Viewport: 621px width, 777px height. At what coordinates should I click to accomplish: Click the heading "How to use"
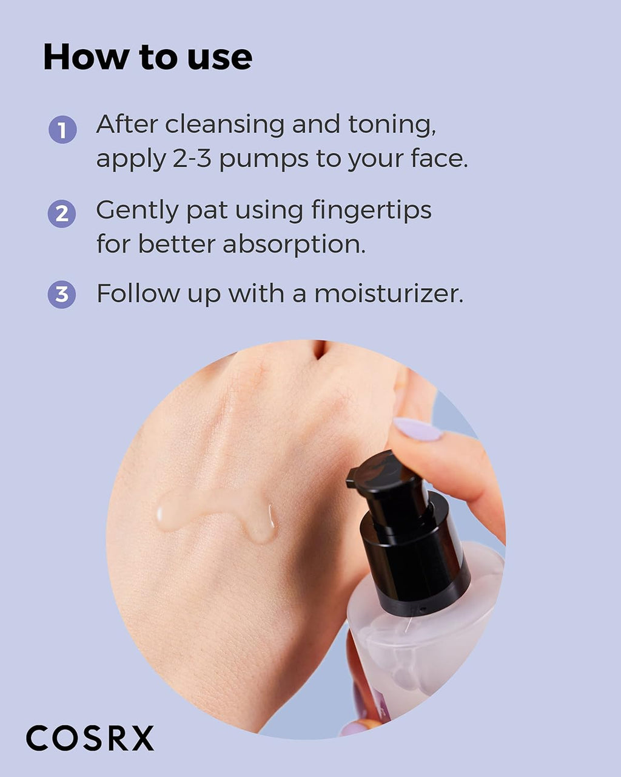(147, 57)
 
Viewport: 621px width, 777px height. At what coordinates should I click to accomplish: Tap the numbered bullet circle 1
(62, 130)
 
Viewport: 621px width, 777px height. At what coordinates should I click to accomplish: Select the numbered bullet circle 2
(62, 214)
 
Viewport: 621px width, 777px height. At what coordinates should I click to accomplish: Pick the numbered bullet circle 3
(62, 294)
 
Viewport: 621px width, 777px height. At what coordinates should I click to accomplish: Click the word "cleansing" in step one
(224, 125)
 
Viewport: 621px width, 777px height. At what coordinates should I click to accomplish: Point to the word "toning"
(391, 125)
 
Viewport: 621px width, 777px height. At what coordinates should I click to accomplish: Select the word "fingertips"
(371, 211)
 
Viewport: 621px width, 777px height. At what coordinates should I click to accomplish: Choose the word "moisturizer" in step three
(388, 294)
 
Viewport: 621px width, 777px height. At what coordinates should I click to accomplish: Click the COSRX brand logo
(90, 738)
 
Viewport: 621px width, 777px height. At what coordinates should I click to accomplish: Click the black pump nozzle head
(386, 480)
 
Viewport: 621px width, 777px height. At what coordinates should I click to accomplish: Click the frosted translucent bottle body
(425, 643)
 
